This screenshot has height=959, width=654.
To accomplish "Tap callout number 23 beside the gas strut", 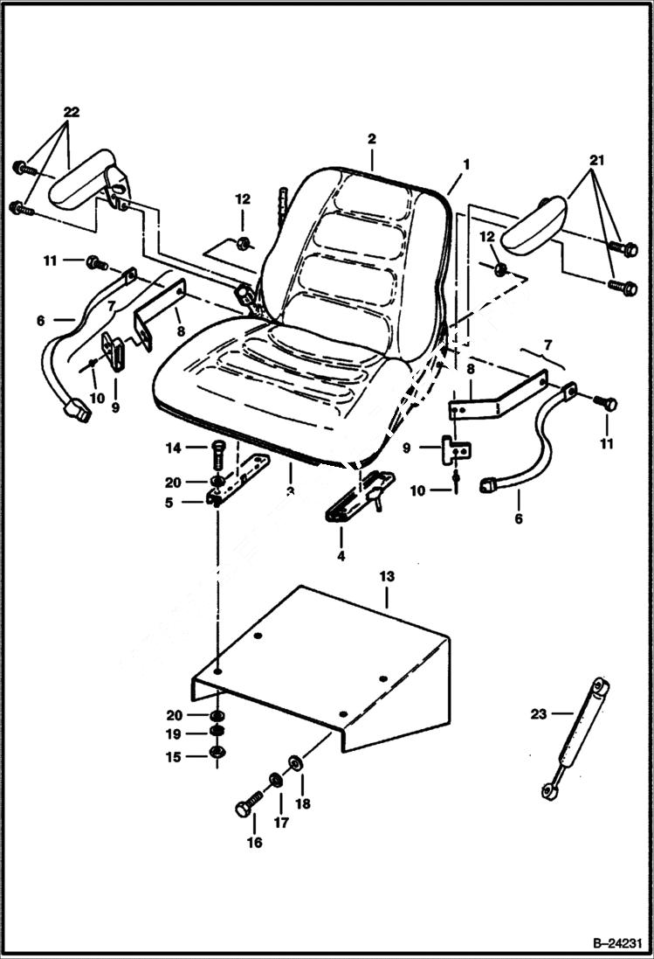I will tap(538, 714).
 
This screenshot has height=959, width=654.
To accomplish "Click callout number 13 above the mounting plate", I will tap(386, 576).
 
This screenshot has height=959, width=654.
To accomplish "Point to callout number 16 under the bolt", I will tap(254, 843).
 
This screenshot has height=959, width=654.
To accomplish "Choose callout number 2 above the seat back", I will tap(372, 139).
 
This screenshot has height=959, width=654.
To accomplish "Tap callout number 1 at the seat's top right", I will tap(466, 163).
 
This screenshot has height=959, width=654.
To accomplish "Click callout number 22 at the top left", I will tap(71, 112).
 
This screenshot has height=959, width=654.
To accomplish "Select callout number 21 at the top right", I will tap(596, 160).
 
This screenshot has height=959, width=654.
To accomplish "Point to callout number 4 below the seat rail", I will tap(341, 555).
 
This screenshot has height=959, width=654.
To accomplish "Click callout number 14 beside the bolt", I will tap(173, 448).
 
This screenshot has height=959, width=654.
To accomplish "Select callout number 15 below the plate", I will tap(173, 757).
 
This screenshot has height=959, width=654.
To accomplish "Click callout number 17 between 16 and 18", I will tap(280, 823).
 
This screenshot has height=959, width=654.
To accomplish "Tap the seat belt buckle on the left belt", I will tap(75, 409).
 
